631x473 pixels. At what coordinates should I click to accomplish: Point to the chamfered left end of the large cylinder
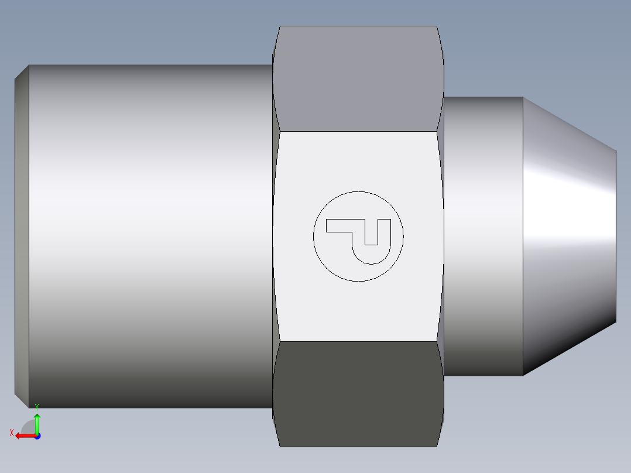[22, 234]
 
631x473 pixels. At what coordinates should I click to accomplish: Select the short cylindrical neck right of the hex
[483, 234]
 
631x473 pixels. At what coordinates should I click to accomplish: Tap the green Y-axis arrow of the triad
[37, 421]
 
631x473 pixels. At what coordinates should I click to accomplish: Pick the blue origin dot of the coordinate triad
[37, 436]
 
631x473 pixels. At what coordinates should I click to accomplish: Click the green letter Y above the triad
[37, 406]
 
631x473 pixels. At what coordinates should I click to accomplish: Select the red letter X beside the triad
[11, 433]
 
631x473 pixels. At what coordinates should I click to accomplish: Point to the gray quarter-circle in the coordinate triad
[30, 427]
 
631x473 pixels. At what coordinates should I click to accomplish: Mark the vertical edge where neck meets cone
[523, 234]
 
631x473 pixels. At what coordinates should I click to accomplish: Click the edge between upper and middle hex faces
[358, 131]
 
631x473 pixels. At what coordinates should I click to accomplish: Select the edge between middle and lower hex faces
[358, 342]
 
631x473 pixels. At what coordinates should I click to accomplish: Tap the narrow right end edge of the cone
[616, 234]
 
